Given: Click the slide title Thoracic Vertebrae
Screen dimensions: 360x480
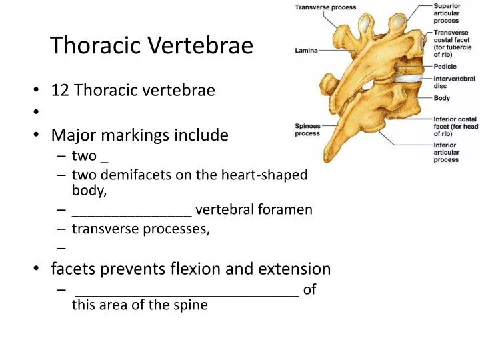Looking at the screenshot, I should [x=152, y=45].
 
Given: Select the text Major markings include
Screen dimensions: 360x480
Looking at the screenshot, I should [x=139, y=135].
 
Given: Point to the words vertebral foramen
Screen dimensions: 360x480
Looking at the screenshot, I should [x=254, y=210].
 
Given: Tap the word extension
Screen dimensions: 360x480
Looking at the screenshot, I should [x=298, y=269].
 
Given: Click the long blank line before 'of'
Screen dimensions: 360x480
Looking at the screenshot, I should [x=187, y=291].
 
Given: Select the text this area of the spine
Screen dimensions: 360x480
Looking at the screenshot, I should [x=139, y=305].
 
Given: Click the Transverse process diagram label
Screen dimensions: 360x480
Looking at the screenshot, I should [x=325, y=7].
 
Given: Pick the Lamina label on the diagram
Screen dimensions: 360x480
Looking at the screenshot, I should [x=307, y=50].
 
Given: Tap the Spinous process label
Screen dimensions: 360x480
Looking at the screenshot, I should [x=307, y=129].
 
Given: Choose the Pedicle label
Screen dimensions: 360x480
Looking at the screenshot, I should [x=444, y=67].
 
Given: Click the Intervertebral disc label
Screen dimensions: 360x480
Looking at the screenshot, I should [x=454, y=82].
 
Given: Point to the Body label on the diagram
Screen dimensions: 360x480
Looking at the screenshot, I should [x=441, y=98].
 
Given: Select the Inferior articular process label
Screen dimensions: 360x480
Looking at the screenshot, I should [x=446, y=152].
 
